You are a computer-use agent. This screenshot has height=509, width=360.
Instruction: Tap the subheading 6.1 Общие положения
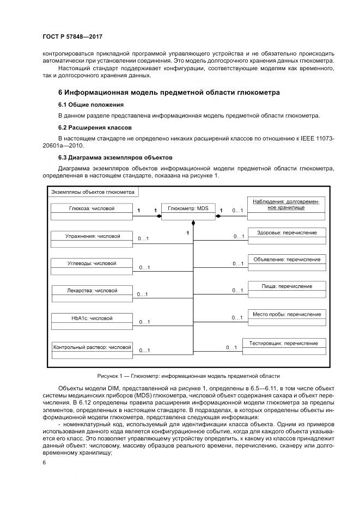(91, 105)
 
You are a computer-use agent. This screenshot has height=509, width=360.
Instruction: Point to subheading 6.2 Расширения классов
(95, 127)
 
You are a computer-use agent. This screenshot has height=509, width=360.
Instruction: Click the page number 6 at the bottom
(44, 463)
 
